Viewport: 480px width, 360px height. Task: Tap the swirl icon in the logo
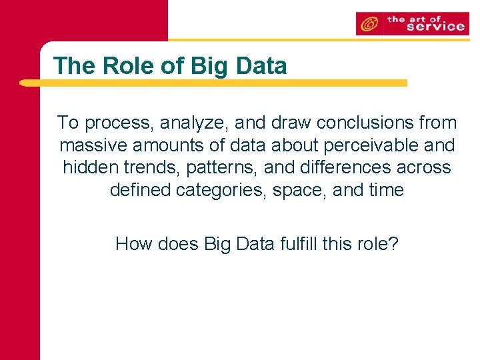pyautogui.click(x=367, y=25)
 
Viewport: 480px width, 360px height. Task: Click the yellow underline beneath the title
pyautogui.click(x=213, y=83)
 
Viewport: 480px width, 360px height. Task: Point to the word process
pyautogui.click(x=117, y=123)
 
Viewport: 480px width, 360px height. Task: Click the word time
pyautogui.click(x=383, y=190)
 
